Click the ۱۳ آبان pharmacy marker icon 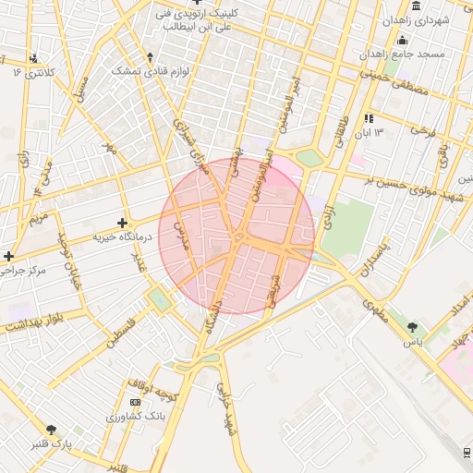click(x=370, y=118)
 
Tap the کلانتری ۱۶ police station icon click(x=34, y=57)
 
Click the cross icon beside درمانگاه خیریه click(x=122, y=223)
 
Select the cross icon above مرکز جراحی click(x=9, y=256)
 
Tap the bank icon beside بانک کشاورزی click(x=136, y=402)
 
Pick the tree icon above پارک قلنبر click(x=51, y=430)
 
